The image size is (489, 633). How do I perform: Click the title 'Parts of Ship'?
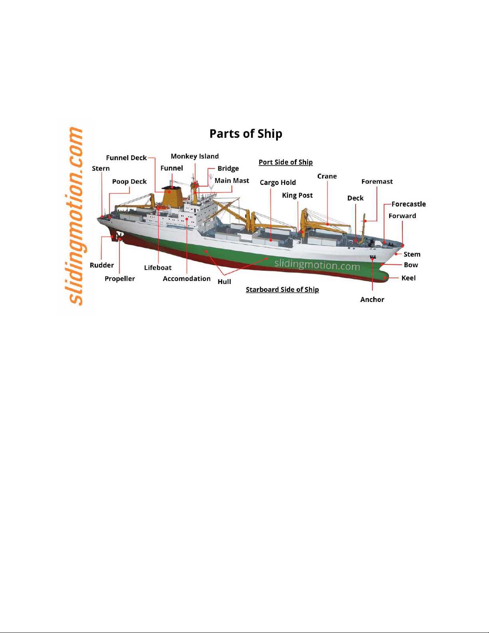click(x=245, y=134)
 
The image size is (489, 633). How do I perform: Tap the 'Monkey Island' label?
click(x=195, y=157)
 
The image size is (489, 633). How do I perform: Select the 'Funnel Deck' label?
click(x=126, y=158)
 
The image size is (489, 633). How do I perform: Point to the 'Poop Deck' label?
click(x=129, y=181)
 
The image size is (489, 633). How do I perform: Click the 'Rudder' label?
click(x=101, y=265)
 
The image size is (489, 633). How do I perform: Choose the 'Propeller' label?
click(x=120, y=279)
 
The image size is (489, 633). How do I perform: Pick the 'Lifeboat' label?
click(x=158, y=268)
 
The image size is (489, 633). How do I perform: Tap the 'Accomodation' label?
click(x=186, y=279)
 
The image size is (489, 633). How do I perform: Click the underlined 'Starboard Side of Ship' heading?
click(x=282, y=290)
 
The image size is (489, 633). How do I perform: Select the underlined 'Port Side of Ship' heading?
click(x=285, y=163)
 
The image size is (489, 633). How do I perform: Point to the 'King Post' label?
click(x=297, y=195)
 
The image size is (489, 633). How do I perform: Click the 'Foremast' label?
click(x=377, y=181)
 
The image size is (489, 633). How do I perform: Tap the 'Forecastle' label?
click(x=408, y=204)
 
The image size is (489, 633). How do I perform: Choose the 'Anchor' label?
click(x=372, y=300)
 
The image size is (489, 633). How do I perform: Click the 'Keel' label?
click(x=408, y=278)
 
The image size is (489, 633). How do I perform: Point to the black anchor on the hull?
click(x=372, y=257)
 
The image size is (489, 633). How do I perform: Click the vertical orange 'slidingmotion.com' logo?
click(x=75, y=216)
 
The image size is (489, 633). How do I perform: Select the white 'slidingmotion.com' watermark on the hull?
click(x=317, y=265)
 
